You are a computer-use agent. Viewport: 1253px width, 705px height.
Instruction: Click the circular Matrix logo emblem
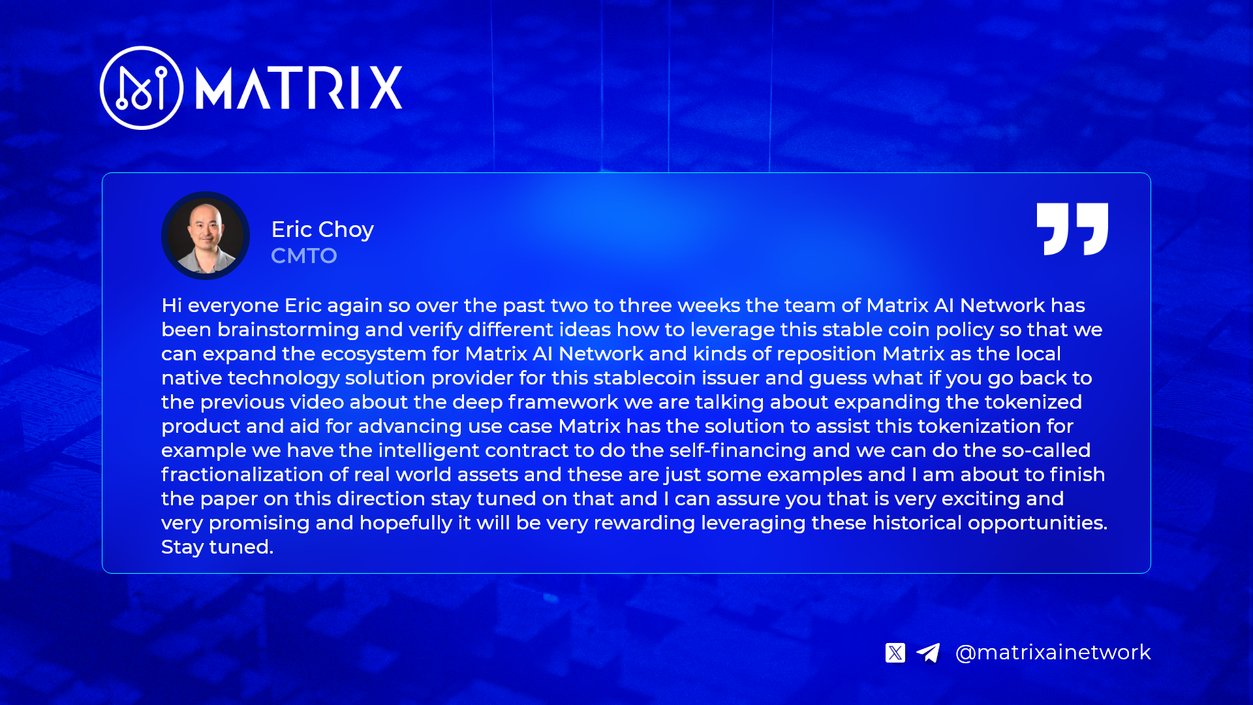click(142, 87)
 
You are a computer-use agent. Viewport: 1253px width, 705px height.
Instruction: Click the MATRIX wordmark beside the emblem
click(299, 87)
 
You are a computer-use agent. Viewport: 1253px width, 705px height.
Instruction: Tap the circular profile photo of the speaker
click(206, 236)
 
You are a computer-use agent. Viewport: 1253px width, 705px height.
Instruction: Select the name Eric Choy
click(322, 230)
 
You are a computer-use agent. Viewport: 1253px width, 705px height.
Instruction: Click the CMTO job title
click(304, 256)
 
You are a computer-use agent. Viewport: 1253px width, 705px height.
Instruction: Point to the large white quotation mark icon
click(1073, 229)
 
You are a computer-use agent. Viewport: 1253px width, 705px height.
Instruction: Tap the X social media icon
click(895, 653)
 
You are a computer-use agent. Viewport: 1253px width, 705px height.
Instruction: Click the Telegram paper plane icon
click(928, 653)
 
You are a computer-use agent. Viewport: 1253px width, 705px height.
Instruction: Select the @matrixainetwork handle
click(1053, 653)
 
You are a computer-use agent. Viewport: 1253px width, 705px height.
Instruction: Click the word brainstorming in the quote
click(288, 330)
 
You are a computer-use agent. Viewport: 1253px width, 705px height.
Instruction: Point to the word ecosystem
click(373, 354)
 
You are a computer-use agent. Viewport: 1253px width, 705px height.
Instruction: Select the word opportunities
click(1038, 524)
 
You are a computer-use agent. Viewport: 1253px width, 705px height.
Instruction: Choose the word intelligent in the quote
click(429, 450)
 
